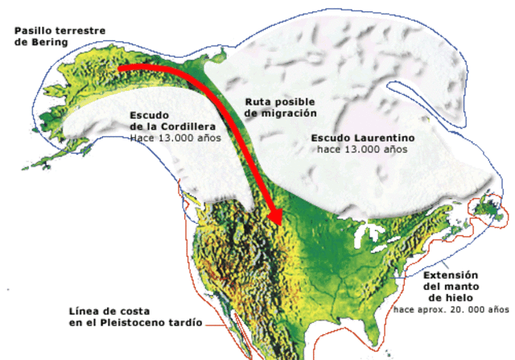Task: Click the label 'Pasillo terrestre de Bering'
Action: pyautogui.click(x=60, y=36)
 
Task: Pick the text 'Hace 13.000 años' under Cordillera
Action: pyautogui.click(x=175, y=138)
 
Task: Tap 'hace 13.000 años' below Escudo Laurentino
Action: pyautogui.click(x=361, y=150)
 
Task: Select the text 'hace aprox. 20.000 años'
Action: pyautogui.click(x=451, y=309)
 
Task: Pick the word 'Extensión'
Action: pyautogui.click(x=451, y=274)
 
